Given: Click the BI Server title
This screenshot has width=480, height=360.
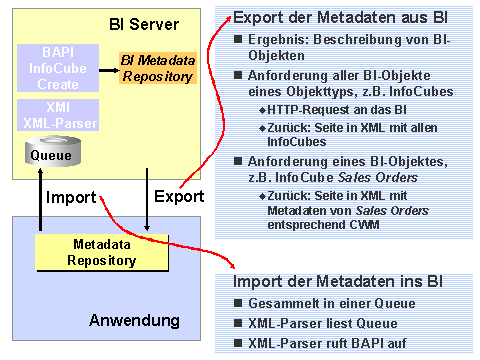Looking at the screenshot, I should (x=143, y=23).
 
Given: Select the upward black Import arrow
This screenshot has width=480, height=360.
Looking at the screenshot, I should (x=38, y=200).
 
